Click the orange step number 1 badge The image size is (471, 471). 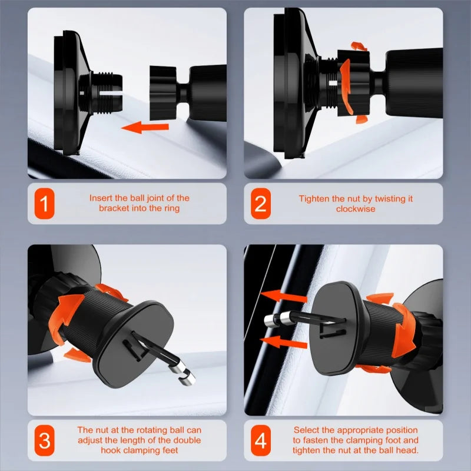tap(45, 203)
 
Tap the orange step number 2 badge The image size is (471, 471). tap(260, 203)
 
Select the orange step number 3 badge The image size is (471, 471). tap(45, 440)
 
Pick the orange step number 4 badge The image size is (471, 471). tap(260, 440)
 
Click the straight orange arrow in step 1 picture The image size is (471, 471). tap(145, 127)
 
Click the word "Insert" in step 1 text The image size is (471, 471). tap(101, 198)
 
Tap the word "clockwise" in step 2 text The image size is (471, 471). tap(356, 209)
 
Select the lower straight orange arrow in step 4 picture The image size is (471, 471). tap(284, 342)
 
